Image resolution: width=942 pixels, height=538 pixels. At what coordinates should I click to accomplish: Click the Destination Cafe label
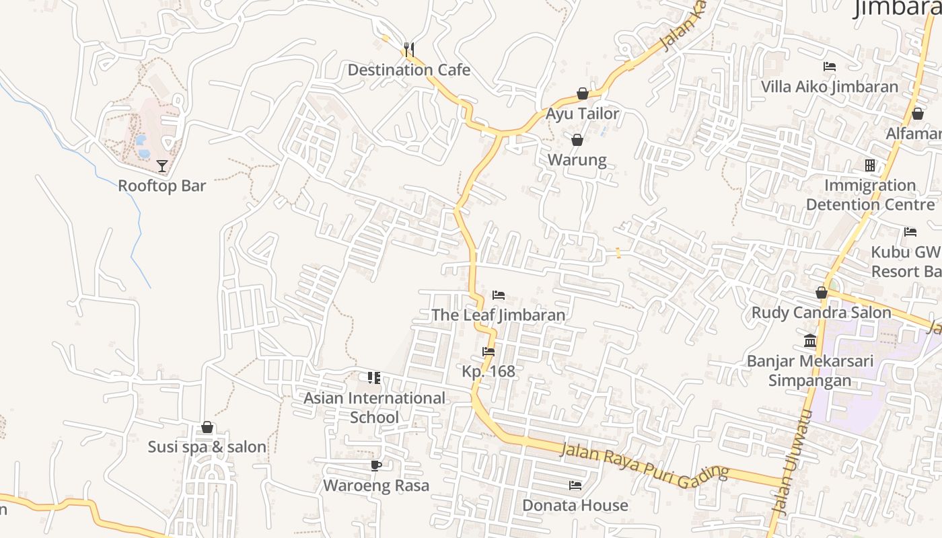(x=408, y=70)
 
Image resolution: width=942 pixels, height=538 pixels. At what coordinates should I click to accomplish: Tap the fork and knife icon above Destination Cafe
(x=408, y=49)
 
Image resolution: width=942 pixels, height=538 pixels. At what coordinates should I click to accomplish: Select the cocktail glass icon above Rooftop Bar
(x=162, y=165)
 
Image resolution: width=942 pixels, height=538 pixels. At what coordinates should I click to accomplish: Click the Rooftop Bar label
(x=162, y=186)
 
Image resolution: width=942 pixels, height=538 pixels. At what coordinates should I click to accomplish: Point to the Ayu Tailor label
(x=582, y=114)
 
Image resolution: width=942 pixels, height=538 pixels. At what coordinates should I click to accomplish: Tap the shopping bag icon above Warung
(x=577, y=140)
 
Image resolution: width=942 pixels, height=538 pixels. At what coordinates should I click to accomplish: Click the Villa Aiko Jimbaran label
(x=829, y=87)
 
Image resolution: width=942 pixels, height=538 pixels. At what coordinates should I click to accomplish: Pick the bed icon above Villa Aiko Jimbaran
(x=830, y=67)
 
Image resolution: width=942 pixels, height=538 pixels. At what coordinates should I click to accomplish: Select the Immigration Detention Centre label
(x=870, y=194)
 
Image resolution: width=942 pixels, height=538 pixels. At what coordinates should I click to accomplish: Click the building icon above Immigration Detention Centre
(x=870, y=165)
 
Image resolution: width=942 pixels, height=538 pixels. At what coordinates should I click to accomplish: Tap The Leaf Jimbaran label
(x=498, y=315)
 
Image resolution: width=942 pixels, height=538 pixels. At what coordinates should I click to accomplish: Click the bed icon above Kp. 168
(x=488, y=352)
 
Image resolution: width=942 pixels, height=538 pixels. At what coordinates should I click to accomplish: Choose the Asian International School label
(x=374, y=408)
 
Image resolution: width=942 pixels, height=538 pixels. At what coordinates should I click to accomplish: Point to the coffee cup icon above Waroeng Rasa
(x=376, y=465)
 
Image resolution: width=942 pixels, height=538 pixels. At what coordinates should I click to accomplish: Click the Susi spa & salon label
(x=207, y=447)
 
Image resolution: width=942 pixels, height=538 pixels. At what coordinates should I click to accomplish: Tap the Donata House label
(x=575, y=505)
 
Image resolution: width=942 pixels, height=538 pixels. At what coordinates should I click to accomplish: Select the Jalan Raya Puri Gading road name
(x=644, y=463)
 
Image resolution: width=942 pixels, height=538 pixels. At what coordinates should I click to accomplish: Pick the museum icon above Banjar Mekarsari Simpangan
(x=810, y=341)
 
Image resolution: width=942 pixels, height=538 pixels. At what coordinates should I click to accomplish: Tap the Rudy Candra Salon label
(x=821, y=313)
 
